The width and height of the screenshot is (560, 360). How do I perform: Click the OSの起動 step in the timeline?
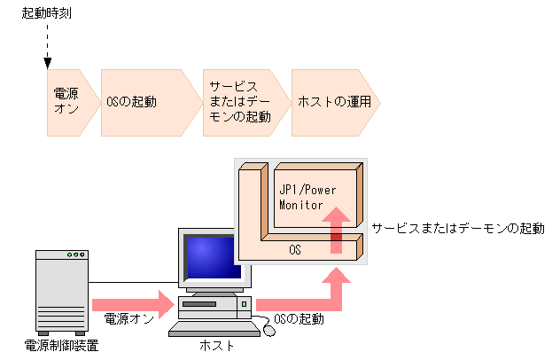tap(142, 102)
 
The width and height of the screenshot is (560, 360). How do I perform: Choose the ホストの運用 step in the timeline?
tap(331, 102)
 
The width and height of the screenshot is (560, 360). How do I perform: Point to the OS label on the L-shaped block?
tap(295, 251)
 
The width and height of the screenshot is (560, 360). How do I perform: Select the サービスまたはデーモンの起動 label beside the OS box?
tap(458, 228)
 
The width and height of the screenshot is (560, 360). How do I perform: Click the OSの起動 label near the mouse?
tap(300, 318)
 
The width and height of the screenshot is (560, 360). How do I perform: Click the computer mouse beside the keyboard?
tap(268, 331)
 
